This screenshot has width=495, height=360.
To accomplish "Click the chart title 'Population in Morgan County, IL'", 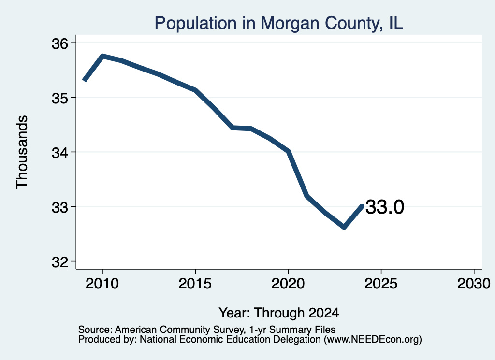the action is pyautogui.click(x=278, y=23).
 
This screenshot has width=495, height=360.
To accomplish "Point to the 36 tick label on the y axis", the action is pyautogui.click(x=60, y=43).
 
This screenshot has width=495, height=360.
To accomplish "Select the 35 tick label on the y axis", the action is pyautogui.click(x=60, y=98).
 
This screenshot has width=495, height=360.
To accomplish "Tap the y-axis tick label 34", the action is pyautogui.click(x=60, y=153).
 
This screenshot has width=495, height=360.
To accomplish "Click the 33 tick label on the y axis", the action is pyautogui.click(x=60, y=207).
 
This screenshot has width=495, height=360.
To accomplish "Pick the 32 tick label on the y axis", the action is pyautogui.click(x=60, y=262).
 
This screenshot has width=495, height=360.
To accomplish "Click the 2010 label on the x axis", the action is pyautogui.click(x=102, y=283).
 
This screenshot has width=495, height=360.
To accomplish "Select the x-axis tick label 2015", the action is pyautogui.click(x=195, y=283).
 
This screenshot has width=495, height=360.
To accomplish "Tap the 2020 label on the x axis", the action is pyautogui.click(x=288, y=283).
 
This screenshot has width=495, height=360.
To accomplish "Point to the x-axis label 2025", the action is pyautogui.click(x=381, y=283).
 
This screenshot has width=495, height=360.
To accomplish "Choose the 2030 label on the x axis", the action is pyautogui.click(x=474, y=283).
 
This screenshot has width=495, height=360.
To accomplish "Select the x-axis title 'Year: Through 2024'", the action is pyautogui.click(x=279, y=313).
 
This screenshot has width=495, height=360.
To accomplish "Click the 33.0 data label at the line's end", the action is pyautogui.click(x=384, y=207).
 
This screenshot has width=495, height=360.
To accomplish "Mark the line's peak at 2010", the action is pyautogui.click(x=102, y=56).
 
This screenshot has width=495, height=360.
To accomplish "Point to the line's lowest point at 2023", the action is pyautogui.click(x=344, y=227).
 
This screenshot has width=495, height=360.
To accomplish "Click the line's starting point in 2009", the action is pyautogui.click(x=84, y=80).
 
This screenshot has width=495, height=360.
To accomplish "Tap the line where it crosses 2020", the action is pyautogui.click(x=288, y=151).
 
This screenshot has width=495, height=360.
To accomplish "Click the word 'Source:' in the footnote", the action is pyautogui.click(x=95, y=330).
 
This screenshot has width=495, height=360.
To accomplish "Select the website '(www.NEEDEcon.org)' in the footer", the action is pyautogui.click(x=373, y=340).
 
